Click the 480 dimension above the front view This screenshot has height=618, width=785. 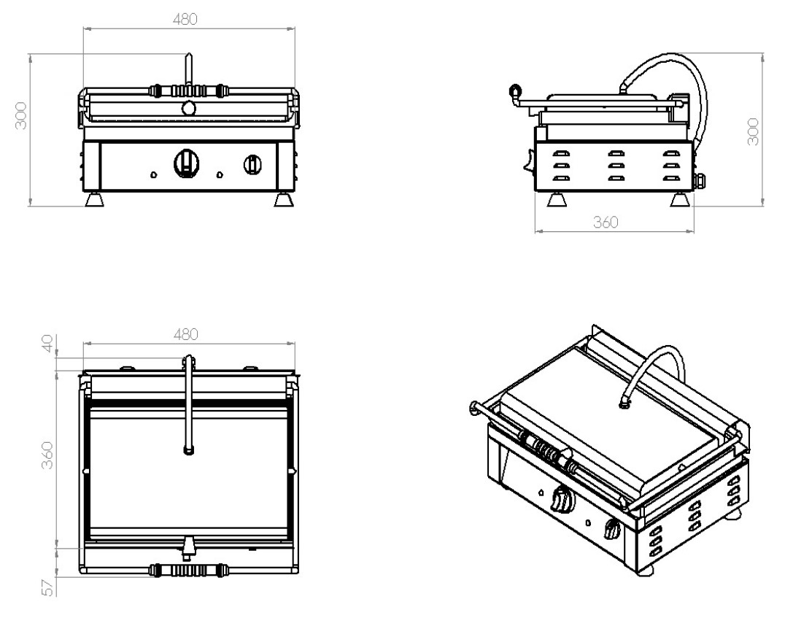[185, 20]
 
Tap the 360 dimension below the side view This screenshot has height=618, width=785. [605, 223]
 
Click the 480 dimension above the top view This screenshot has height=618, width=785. [185, 333]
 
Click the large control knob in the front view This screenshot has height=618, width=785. [186, 163]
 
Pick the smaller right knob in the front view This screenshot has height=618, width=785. [252, 164]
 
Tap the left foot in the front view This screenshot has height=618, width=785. [94, 200]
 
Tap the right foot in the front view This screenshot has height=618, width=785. [282, 200]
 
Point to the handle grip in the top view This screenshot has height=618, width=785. [186, 569]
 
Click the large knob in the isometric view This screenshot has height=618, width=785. [562, 500]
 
